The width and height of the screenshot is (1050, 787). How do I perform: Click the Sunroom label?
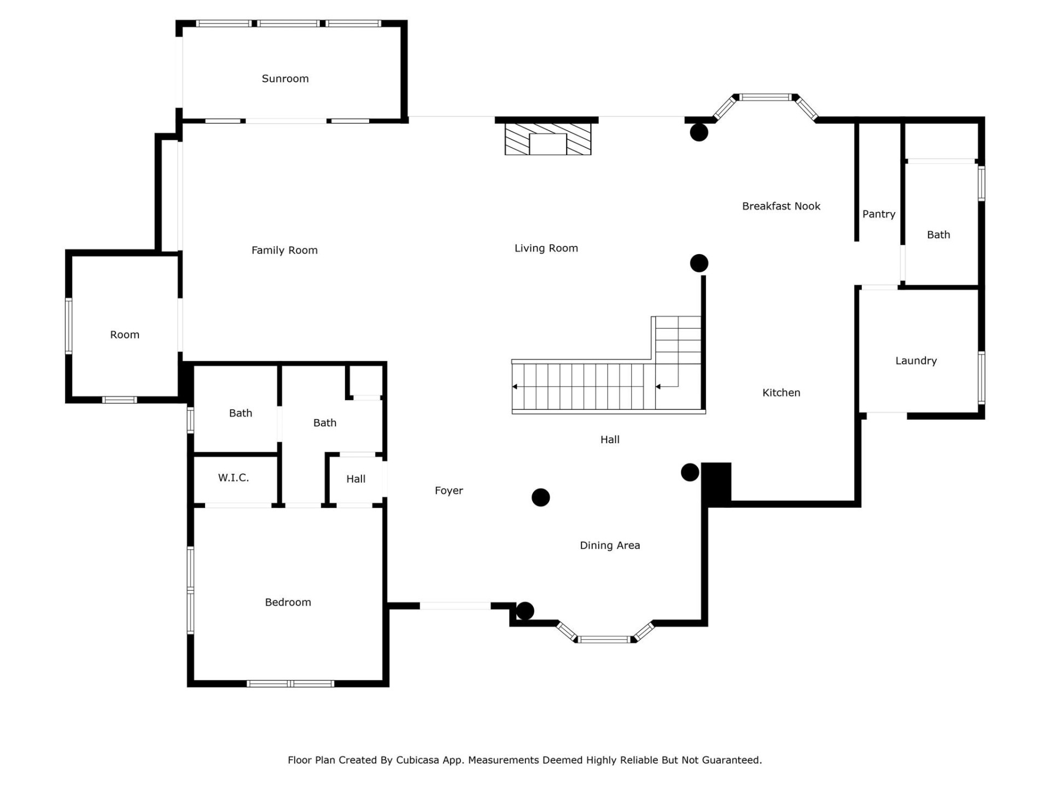(285, 79)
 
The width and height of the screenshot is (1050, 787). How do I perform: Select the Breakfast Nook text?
(781, 206)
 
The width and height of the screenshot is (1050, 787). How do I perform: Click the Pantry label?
(878, 214)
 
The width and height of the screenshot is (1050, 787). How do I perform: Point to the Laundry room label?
(915, 361)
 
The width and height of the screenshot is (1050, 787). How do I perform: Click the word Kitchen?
(781, 392)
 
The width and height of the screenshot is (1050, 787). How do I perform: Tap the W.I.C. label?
(234, 478)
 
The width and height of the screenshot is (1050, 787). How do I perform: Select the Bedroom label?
(288, 602)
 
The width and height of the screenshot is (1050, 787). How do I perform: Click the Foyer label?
(448, 491)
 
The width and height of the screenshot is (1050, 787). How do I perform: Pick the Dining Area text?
(610, 545)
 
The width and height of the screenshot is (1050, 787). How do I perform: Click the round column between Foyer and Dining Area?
(540, 497)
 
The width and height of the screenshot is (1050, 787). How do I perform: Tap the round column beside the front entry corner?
(525, 610)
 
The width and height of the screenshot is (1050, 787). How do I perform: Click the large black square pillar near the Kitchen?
(716, 483)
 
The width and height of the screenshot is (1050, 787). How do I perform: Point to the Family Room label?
(284, 250)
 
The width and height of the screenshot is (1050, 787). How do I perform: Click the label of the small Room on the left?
(125, 334)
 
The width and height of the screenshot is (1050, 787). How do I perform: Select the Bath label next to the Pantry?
(938, 235)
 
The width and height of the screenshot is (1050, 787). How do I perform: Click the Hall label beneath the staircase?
(610, 439)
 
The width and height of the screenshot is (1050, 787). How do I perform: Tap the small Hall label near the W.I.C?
(355, 479)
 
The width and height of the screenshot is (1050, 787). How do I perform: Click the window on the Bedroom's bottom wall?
(290, 683)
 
